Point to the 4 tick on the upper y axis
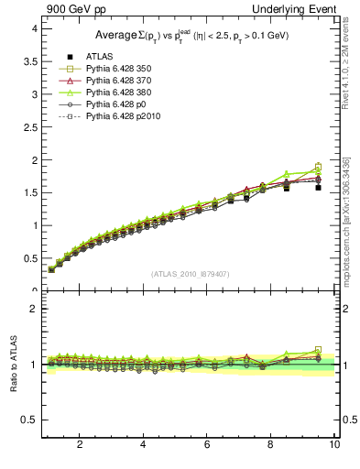pos(33,28)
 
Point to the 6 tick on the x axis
pos(207,444)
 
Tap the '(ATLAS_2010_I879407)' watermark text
pos(190,274)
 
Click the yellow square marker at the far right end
pos(318,167)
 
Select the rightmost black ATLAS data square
pos(318,187)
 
